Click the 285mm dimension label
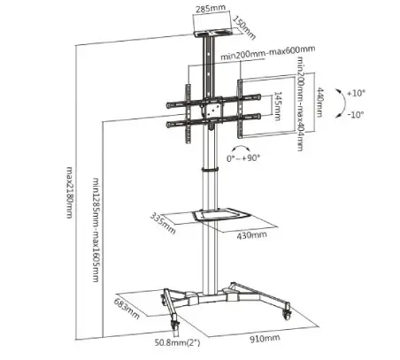point(211,8)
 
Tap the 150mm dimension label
point(244,27)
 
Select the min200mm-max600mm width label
point(268,52)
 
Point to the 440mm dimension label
point(319,103)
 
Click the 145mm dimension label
point(278,106)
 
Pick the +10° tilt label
point(356,93)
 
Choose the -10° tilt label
point(356,114)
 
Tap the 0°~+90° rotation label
point(243,158)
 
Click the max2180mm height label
point(69,193)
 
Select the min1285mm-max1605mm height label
point(96,230)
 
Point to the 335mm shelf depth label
point(163,223)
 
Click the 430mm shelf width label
point(251,235)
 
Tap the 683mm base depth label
point(127,309)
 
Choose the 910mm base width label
point(265,338)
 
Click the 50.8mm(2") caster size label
point(177,342)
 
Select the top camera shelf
point(214,32)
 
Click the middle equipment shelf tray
point(221,214)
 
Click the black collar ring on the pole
point(211,170)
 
